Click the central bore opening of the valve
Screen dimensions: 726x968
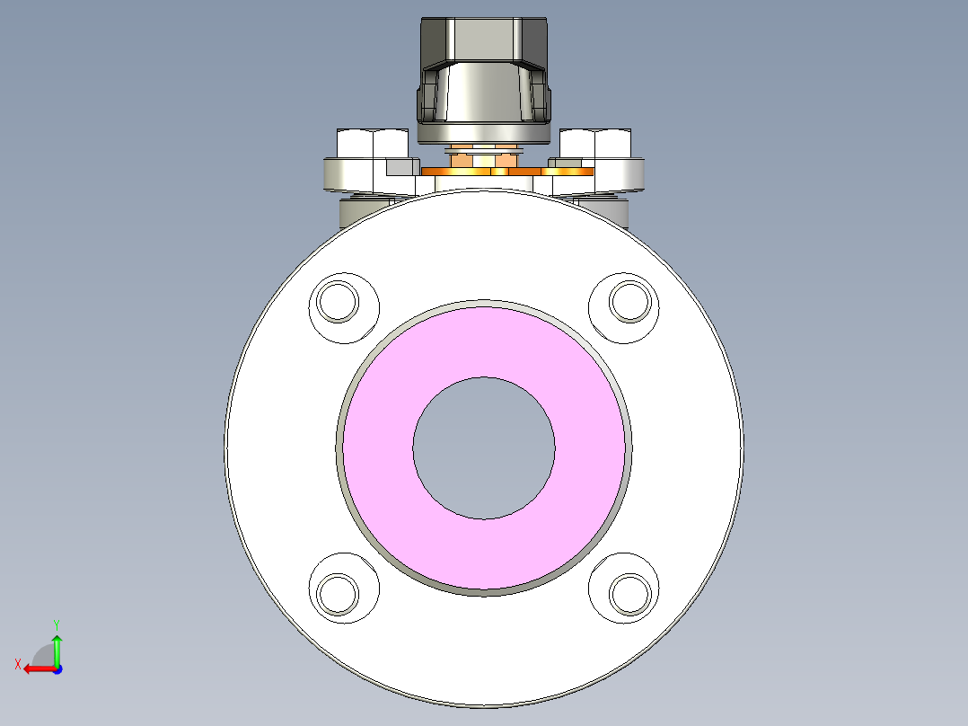click(484, 447)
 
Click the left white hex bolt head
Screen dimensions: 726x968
click(371, 144)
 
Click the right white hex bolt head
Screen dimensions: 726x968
click(596, 144)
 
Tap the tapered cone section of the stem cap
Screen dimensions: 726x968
click(483, 94)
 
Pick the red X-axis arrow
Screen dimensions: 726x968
click(38, 668)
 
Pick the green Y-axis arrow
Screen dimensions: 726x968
click(57, 649)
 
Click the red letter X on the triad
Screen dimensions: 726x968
click(17, 664)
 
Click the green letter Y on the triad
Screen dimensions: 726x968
click(57, 624)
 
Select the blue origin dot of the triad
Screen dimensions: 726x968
click(57, 668)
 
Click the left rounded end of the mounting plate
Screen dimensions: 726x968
click(334, 174)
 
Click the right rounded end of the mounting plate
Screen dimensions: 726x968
click(633, 174)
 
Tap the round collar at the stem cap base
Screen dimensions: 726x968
click(483, 134)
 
